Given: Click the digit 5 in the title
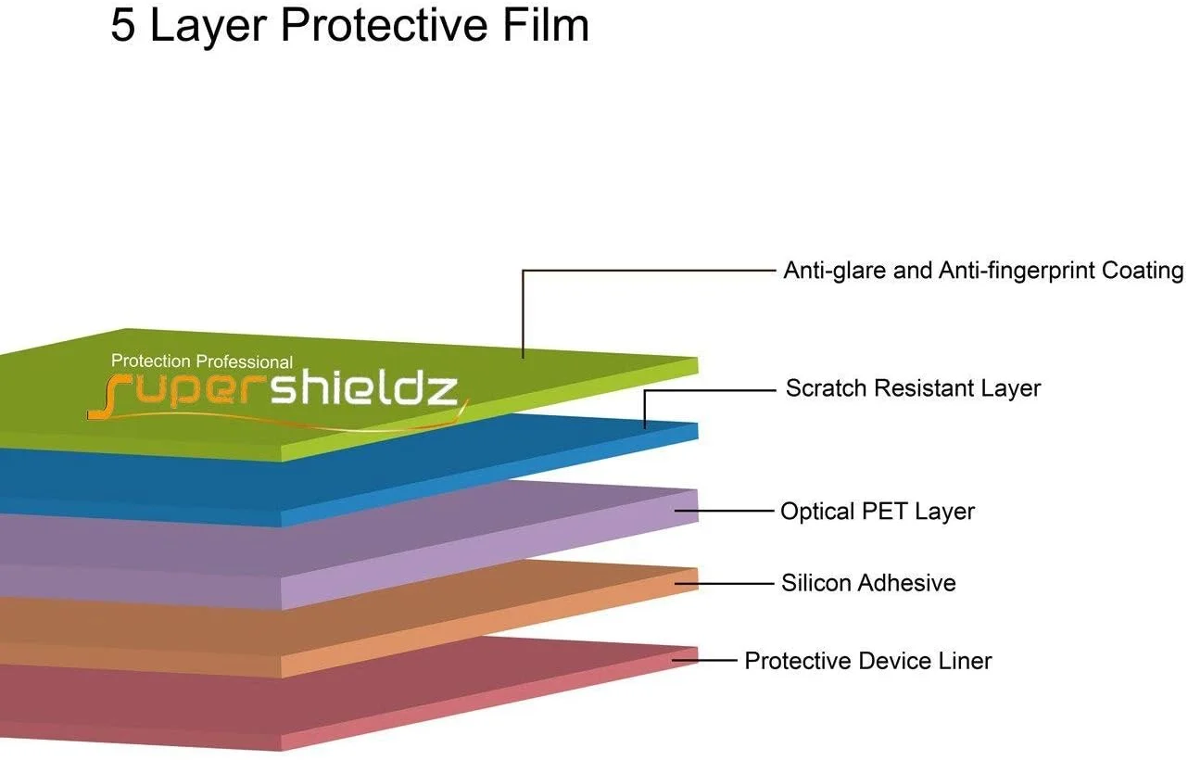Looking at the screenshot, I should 123,26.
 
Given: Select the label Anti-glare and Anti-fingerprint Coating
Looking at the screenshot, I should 983,271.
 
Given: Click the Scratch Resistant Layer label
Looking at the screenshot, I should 913,388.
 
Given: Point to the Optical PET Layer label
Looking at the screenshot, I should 877,511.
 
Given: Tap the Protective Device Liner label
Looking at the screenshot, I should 868,661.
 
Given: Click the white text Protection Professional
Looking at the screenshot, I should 202,361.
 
